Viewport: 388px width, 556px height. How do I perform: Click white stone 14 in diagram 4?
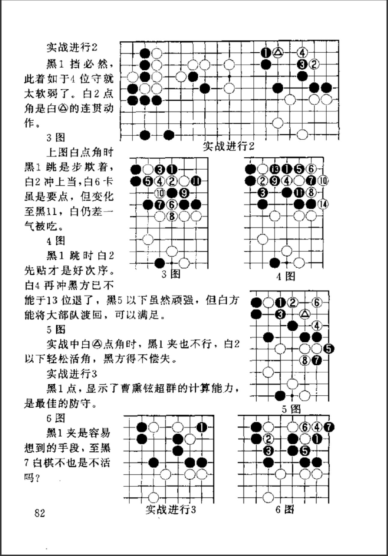pyautogui.click(x=323, y=204)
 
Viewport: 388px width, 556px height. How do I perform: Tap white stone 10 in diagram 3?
pyautogui.click(x=160, y=193)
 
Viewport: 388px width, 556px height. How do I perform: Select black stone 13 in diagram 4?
pyautogui.click(x=274, y=169)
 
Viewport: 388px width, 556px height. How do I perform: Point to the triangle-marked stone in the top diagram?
pyautogui.click(x=278, y=53)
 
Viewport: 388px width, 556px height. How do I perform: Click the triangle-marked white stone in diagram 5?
pyautogui.click(x=305, y=314)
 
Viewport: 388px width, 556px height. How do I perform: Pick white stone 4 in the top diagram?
pyautogui.click(x=302, y=53)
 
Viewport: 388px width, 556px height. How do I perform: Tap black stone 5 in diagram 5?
pyautogui.click(x=329, y=349)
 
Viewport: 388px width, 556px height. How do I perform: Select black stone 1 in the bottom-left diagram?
pyautogui.click(x=201, y=427)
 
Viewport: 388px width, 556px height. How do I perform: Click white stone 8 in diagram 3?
pyautogui.click(x=172, y=216)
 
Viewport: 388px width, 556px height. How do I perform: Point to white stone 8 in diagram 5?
pyautogui.click(x=305, y=360)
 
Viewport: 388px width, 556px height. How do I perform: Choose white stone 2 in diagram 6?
pyautogui.click(x=268, y=439)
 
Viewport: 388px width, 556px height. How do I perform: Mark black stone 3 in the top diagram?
pyautogui.click(x=302, y=64)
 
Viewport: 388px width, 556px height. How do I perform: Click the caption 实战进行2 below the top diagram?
pyautogui.click(x=228, y=146)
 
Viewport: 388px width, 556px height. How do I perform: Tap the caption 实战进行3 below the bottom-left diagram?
pyautogui.click(x=170, y=509)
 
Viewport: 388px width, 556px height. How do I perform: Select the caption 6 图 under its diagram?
pyautogui.click(x=284, y=509)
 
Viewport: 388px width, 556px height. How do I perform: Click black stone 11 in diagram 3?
pyautogui.click(x=196, y=181)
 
